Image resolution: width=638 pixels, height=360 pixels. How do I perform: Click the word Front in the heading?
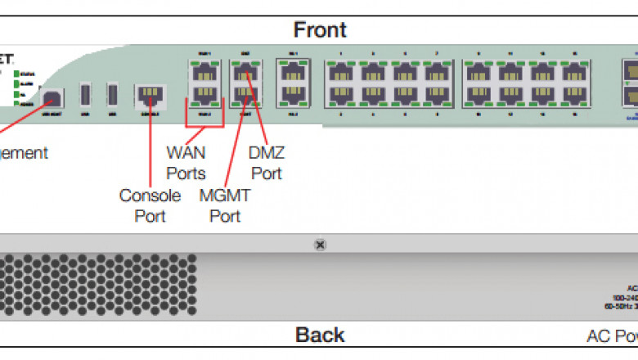(320, 30)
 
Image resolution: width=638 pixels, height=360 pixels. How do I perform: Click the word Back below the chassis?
(320, 335)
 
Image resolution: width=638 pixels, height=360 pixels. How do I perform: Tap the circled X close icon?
(320, 244)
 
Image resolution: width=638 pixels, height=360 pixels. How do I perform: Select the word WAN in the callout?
(186, 152)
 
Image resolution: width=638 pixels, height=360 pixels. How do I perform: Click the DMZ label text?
(267, 152)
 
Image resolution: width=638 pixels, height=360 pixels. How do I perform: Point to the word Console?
(150, 196)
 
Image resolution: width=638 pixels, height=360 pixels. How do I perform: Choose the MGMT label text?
(225, 196)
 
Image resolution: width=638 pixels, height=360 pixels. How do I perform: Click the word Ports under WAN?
(186, 173)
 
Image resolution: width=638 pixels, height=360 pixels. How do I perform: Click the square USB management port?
(53, 97)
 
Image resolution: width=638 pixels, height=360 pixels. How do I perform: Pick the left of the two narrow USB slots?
(85, 95)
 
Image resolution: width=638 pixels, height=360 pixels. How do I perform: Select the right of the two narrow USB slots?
(112, 95)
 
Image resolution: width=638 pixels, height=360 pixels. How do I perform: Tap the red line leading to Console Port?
(150, 147)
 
